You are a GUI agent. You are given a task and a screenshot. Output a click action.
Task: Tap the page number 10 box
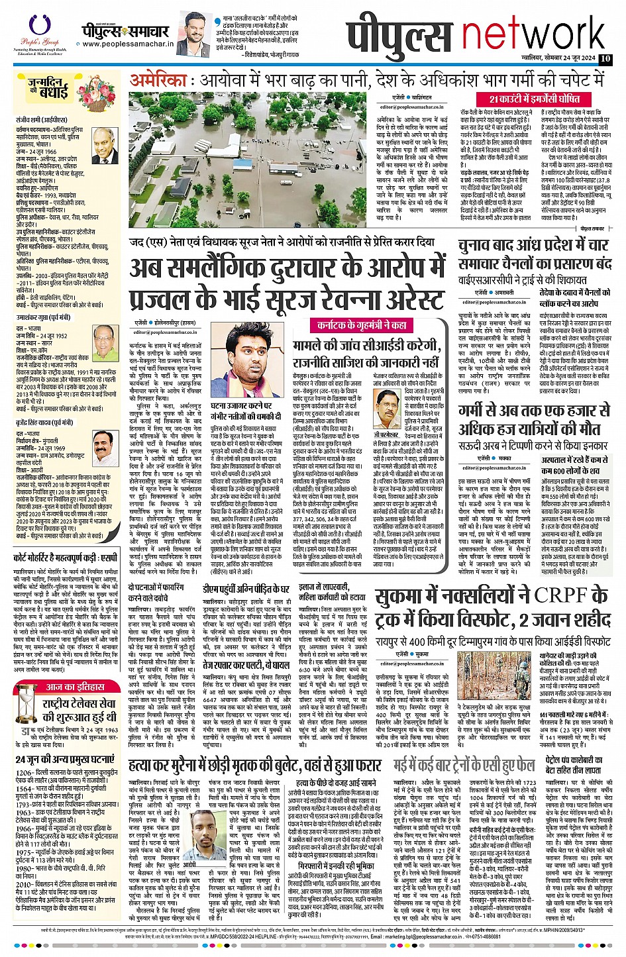[605, 58]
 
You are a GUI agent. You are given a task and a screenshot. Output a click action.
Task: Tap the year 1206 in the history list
[25, 772]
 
